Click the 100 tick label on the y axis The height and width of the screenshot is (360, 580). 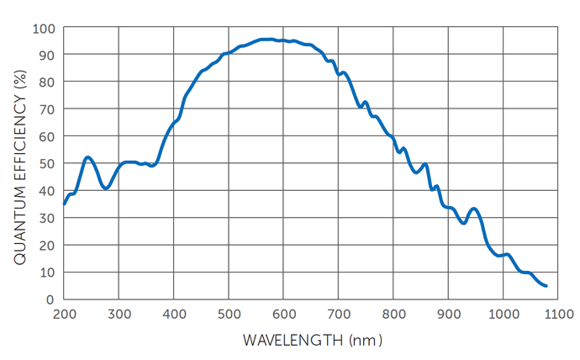[x=43, y=28]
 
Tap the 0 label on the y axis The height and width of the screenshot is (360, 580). [x=50, y=299]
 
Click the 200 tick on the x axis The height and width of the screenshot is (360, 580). [x=64, y=315]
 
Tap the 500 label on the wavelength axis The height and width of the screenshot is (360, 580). [x=229, y=315]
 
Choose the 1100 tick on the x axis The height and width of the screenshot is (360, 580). [x=558, y=315]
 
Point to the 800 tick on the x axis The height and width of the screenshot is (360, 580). [x=393, y=315]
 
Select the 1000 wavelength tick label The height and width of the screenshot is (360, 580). [x=504, y=315]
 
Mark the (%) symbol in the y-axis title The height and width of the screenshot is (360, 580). [x=21, y=82]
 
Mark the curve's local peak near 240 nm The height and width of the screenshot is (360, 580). [x=87, y=157]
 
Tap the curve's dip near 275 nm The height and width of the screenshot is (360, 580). [x=105, y=188]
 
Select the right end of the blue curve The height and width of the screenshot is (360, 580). [x=546, y=286]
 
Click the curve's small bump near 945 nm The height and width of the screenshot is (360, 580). [x=474, y=209]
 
